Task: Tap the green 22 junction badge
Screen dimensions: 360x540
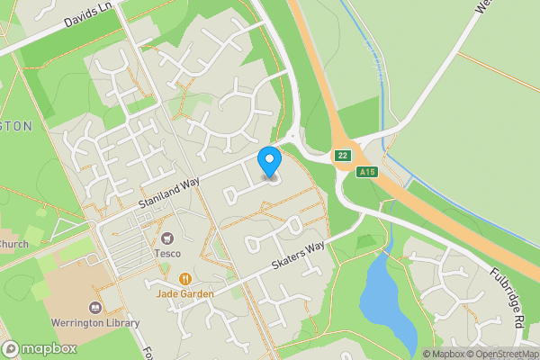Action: click(x=342, y=156)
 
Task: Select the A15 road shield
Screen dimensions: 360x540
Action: click(x=366, y=171)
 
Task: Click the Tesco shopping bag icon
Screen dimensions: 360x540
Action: click(x=166, y=238)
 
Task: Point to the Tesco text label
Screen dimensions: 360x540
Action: click(x=166, y=253)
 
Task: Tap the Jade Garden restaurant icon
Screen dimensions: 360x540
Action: click(x=185, y=279)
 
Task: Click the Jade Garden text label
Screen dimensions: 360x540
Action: click(x=185, y=293)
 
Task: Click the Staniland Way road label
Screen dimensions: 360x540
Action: click(x=168, y=195)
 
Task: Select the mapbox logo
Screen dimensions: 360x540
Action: click(x=40, y=349)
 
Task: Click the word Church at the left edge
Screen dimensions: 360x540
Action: click(x=13, y=244)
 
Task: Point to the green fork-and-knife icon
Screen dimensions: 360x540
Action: click(x=40, y=289)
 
